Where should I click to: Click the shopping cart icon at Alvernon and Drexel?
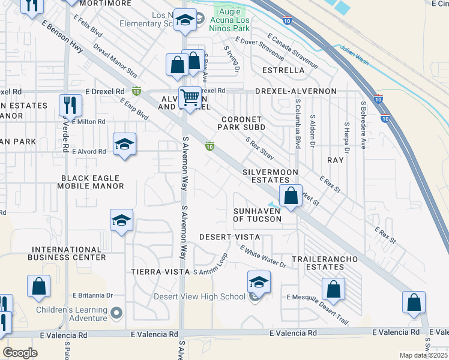tap(190, 97)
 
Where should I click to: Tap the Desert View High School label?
tap(200, 296)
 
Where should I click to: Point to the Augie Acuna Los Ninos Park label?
tap(231, 20)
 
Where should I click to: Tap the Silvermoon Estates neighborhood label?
tap(270, 176)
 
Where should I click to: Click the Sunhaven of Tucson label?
tap(258, 215)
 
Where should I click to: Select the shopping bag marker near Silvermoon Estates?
tap(291, 196)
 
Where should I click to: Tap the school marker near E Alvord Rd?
tap(124, 144)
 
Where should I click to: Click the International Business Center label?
tap(69, 253)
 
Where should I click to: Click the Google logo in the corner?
tap(20, 353)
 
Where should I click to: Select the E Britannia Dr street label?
tap(92, 295)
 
